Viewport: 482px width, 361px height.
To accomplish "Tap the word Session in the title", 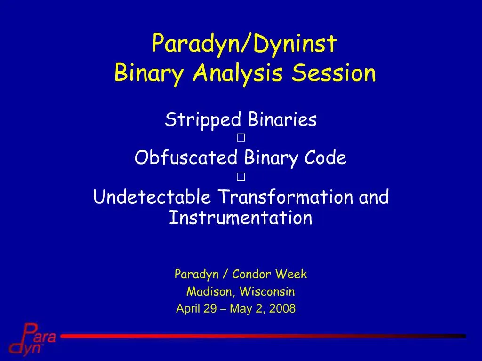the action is click(334, 73).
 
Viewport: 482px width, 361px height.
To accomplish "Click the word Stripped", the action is click(203, 120).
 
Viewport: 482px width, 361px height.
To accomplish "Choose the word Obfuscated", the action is click(186, 157).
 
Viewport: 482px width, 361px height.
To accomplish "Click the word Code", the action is click(325, 158).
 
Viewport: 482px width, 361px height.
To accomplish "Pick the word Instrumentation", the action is click(241, 217).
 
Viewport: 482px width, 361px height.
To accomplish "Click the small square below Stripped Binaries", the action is click(241, 138).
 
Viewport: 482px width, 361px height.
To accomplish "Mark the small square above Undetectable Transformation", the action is click(241, 177).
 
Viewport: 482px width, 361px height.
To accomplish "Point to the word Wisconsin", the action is click(267, 291).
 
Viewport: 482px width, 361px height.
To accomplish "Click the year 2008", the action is click(282, 308).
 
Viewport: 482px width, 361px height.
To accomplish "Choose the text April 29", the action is click(196, 308).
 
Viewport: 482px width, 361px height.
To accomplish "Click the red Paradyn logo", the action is click(32, 339).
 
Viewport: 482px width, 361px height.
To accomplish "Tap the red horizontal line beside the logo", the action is click(264, 336).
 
